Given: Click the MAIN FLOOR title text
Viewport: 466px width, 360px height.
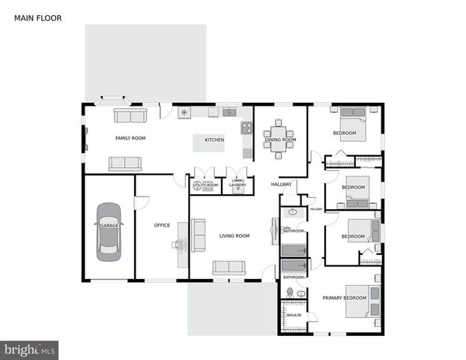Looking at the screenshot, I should click(x=38, y=17).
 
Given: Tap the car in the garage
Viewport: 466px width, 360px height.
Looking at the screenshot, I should click(x=108, y=231).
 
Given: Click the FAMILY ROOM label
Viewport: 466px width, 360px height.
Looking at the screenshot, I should click(x=130, y=138).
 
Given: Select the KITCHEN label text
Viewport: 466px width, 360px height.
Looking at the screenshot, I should click(x=215, y=139).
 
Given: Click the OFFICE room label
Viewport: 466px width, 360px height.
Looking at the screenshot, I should click(x=162, y=225).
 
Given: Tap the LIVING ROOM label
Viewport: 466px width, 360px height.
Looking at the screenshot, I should click(x=234, y=235).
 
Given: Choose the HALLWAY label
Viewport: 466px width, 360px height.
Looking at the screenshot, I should click(x=281, y=184).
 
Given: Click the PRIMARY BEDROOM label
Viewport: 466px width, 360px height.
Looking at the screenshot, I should click(x=344, y=298).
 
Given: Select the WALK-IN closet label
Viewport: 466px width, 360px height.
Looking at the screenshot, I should click(x=294, y=315).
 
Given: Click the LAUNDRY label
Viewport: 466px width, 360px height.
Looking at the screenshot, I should click(x=237, y=184).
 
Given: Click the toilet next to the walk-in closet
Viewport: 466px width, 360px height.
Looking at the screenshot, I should click(x=289, y=292).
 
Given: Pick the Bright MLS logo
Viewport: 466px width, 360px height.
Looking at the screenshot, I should click(x=29, y=350).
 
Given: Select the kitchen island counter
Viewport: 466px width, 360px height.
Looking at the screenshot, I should click(x=209, y=142).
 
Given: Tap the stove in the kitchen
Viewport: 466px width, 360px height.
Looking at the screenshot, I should click(x=246, y=127).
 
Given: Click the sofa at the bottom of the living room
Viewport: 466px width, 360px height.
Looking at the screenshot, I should click(x=229, y=268).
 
